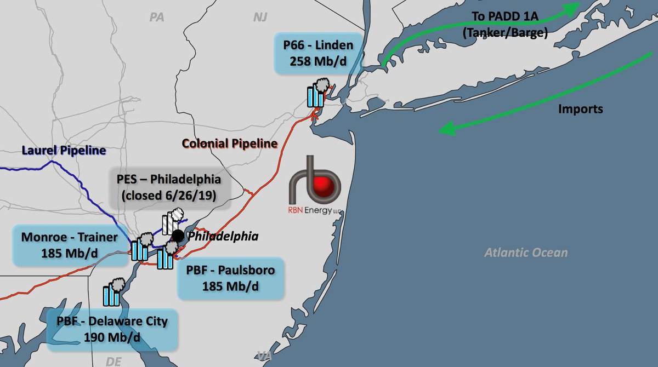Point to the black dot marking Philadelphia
pyautogui.click(x=178, y=236)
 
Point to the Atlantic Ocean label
pyautogui.click(x=526, y=253)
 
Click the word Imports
pyautogui.click(x=580, y=109)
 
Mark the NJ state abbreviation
pyautogui.click(x=260, y=18)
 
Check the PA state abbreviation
pyautogui.click(x=157, y=18)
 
